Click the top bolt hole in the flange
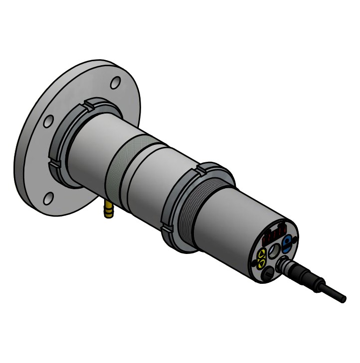115,82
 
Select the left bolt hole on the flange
48,121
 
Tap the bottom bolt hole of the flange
48,198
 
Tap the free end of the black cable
343,299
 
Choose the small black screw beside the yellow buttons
255,261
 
